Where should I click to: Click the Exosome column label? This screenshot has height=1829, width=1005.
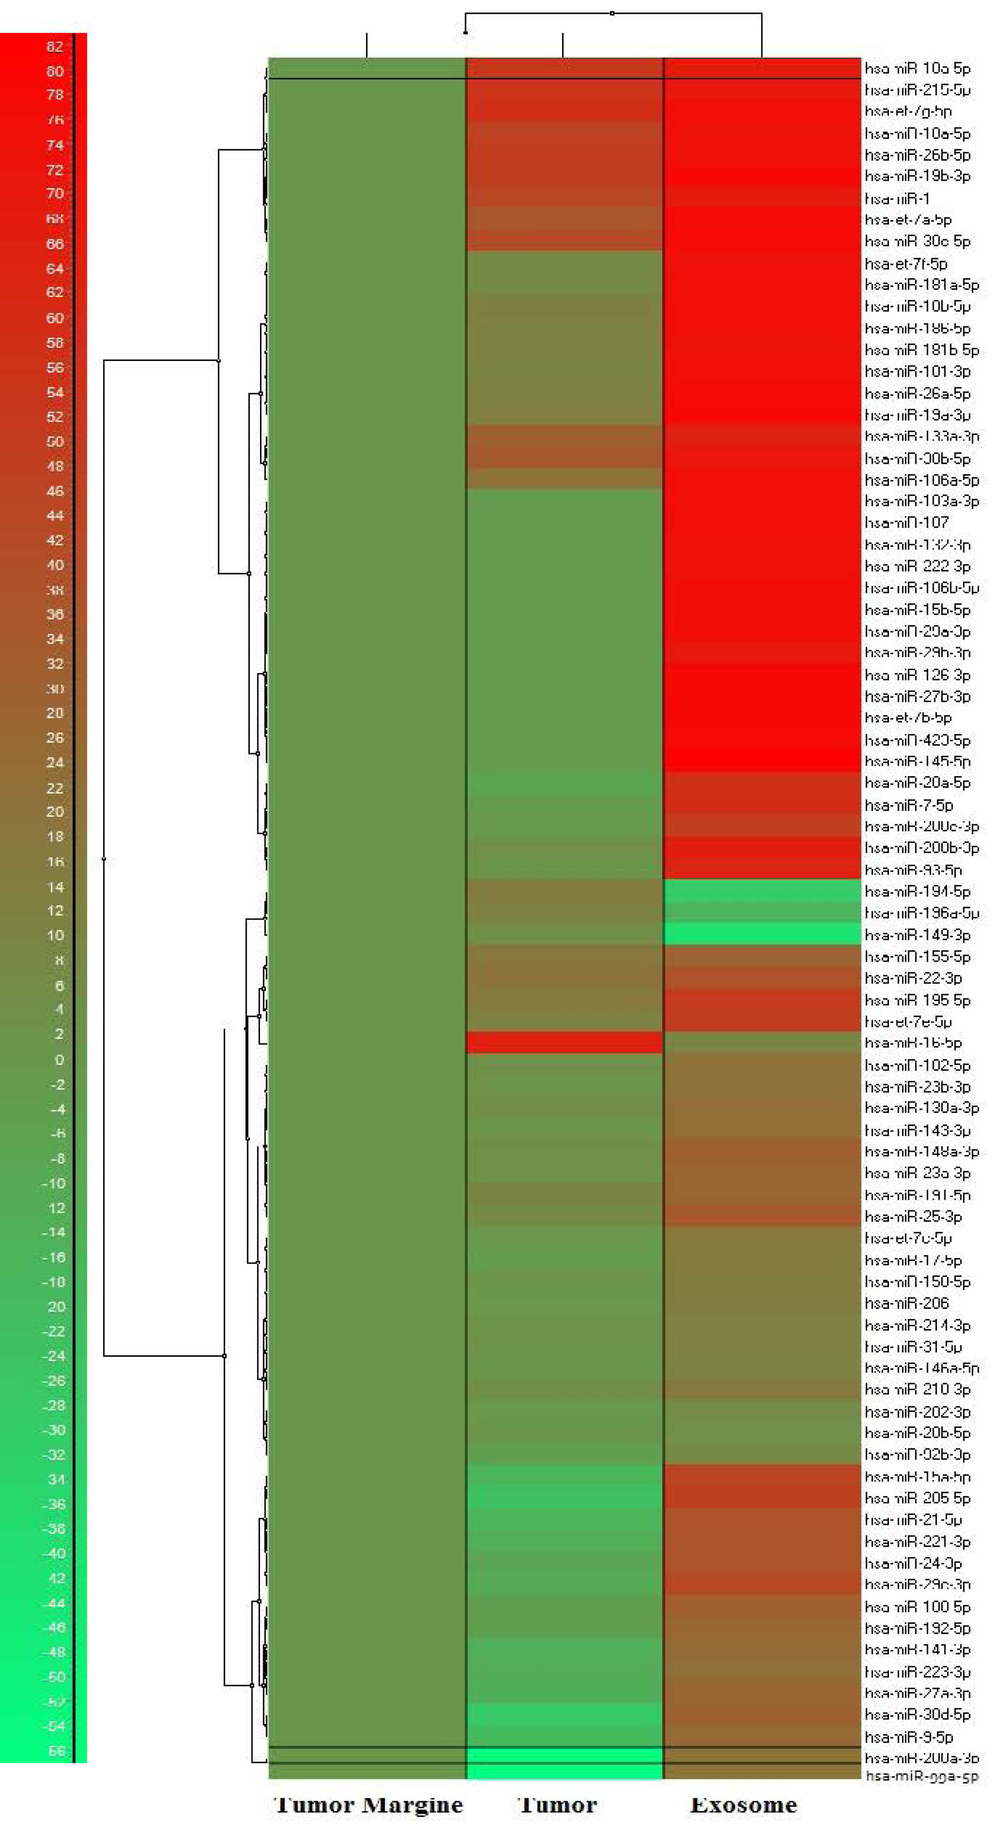pyautogui.click(x=743, y=1804)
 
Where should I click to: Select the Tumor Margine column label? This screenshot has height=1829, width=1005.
pyautogui.click(x=368, y=1804)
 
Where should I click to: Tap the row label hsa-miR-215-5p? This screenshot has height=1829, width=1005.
pyautogui.click(x=917, y=90)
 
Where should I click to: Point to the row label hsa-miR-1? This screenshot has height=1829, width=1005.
pyautogui.click(x=897, y=199)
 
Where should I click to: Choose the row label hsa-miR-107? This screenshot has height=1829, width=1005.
pyautogui.click(x=906, y=523)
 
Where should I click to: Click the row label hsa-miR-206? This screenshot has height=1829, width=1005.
pyautogui.click(x=906, y=1303)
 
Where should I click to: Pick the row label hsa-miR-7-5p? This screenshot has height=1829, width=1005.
pyautogui.click(x=909, y=805)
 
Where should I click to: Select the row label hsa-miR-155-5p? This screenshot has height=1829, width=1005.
pyautogui.click(x=917, y=956)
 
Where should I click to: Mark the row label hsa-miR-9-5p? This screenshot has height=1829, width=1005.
pyautogui.click(x=909, y=1737)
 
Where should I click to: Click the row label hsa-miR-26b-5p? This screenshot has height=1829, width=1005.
pyautogui.click(x=917, y=155)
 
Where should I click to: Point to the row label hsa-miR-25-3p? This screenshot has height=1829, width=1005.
pyautogui.click(x=913, y=1216)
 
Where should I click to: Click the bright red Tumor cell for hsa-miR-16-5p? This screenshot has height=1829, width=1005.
pyautogui.click(x=564, y=1042)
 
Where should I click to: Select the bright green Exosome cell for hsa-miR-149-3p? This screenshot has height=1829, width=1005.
pyautogui.click(x=762, y=934)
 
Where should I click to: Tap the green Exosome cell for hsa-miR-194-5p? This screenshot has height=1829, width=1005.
pyautogui.click(x=762, y=891)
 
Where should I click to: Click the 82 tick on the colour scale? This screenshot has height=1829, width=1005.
pyautogui.click(x=55, y=47)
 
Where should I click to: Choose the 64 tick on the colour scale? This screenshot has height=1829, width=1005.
pyautogui.click(x=55, y=268)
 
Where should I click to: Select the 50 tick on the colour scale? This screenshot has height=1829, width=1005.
pyautogui.click(x=55, y=441)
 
